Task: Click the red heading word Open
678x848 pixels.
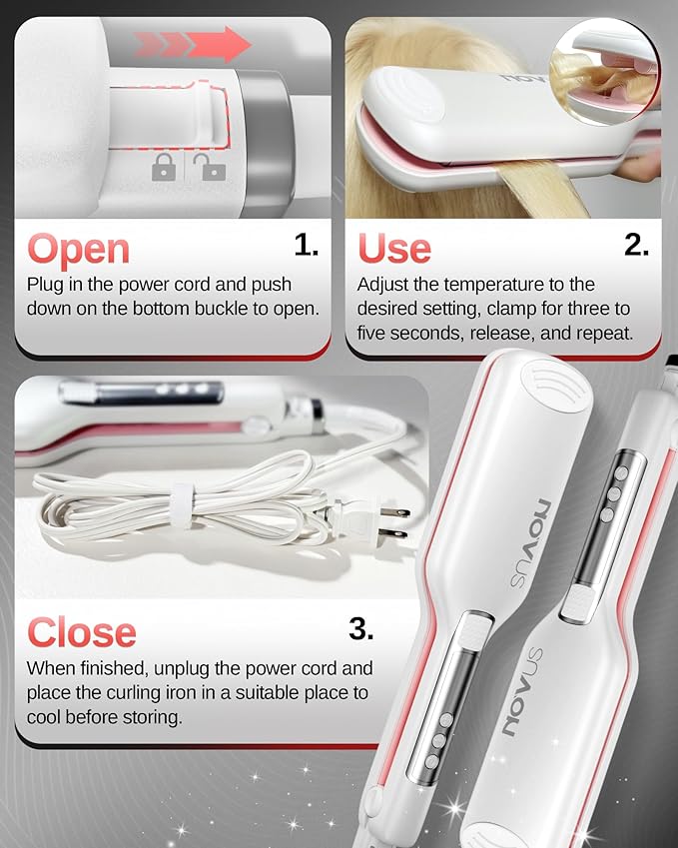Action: coord(79,251)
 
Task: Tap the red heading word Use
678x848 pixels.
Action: coord(394,249)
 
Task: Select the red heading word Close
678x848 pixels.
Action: coord(82,633)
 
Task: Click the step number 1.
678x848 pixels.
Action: coord(306,245)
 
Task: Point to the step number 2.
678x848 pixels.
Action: coord(636,245)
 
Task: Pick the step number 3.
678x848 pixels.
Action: coord(360,628)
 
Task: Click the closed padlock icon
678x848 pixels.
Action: coord(164,167)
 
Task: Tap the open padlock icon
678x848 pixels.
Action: coord(214,167)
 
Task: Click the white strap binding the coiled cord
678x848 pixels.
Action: coord(182,506)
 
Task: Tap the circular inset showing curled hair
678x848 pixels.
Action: coord(604,70)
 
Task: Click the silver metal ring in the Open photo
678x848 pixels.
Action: coord(266,141)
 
